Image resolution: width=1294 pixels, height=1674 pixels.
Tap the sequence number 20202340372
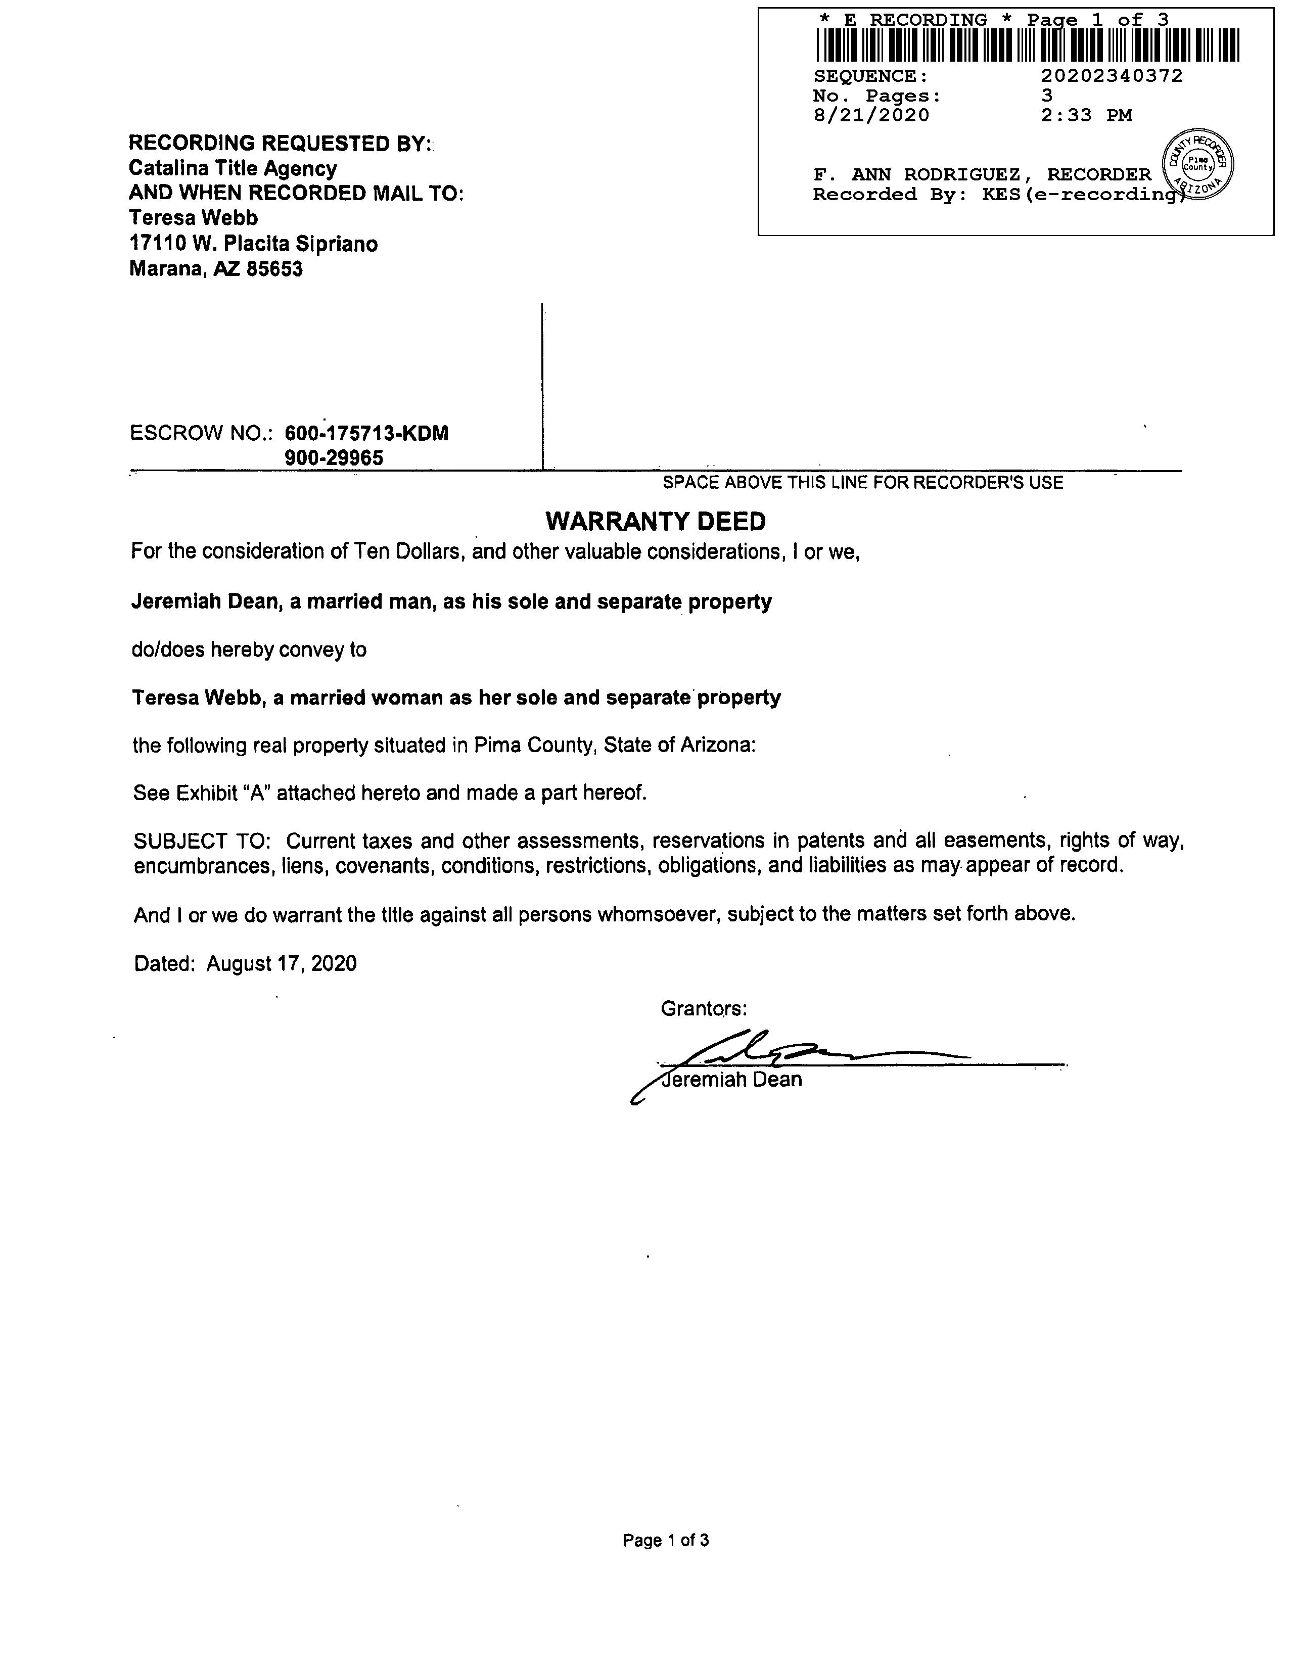point(1112,76)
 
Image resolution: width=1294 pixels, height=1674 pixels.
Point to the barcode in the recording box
point(1027,44)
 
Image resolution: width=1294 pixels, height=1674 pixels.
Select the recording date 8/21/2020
point(871,116)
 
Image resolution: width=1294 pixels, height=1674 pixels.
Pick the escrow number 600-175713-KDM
point(366,433)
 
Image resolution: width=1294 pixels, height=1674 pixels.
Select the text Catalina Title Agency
point(233,169)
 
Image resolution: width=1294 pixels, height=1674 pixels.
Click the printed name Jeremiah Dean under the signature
point(732,1080)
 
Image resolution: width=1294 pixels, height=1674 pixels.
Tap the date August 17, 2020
point(282,963)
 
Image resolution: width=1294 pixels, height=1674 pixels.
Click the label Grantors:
point(704,1009)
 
